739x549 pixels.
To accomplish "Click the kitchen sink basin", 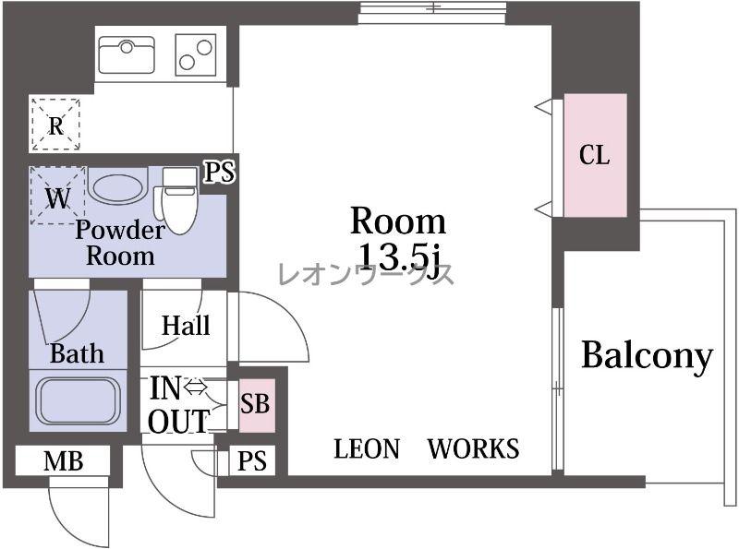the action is tap(127, 54).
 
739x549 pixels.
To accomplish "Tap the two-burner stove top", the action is tap(196, 54).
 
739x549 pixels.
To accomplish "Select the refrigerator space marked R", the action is tap(55, 125).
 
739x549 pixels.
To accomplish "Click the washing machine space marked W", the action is tap(57, 196).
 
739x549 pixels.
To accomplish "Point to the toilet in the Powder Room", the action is tap(179, 201).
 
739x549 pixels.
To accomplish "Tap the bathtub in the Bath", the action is tap(79, 401).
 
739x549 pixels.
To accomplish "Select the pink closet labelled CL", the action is tap(595, 155).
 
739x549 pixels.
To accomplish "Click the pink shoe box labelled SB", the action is tap(257, 405).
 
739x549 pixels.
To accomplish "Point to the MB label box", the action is tap(63, 461).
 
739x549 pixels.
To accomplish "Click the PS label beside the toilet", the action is tap(219, 173).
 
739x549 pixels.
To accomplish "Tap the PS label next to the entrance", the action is tap(251, 460).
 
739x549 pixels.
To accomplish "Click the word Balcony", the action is tap(648, 355).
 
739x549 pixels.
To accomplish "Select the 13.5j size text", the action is tap(400, 258).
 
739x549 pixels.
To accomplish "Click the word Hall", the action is tap(186, 326).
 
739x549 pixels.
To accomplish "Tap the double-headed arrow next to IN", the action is tap(196, 387).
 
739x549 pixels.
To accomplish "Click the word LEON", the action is tap(367, 448).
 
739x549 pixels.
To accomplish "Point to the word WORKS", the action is tap(473, 448).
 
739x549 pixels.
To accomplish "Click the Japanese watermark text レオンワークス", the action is tap(366, 273).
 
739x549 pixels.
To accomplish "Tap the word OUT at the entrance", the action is tap(178, 421).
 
